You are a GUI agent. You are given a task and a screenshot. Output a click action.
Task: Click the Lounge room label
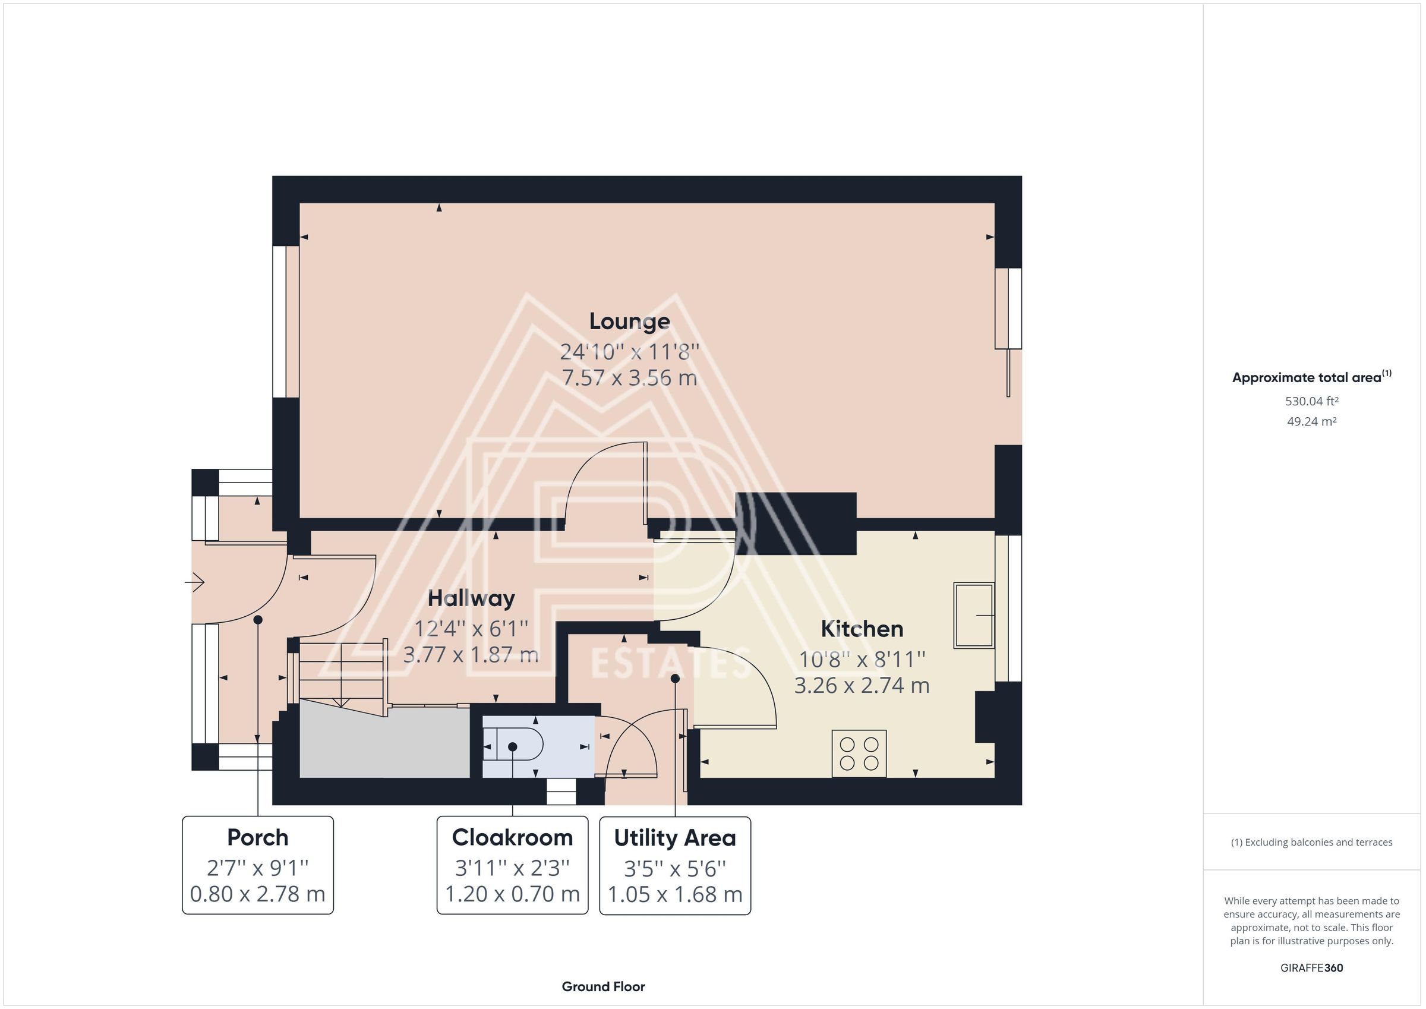[629, 322]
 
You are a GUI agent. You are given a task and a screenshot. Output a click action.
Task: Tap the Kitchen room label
[862, 629]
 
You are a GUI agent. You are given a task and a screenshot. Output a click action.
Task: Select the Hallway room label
[471, 599]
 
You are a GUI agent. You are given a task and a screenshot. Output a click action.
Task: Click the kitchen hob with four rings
[859, 753]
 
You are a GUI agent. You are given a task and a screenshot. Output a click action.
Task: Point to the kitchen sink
[973, 615]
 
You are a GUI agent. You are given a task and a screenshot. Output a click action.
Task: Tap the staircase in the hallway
[342, 674]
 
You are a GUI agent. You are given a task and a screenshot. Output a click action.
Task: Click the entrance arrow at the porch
[194, 582]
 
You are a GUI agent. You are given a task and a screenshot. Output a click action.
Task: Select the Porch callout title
[258, 837]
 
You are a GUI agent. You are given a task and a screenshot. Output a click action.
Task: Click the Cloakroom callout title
[512, 837]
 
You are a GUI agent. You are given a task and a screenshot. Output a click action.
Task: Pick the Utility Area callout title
[674, 838]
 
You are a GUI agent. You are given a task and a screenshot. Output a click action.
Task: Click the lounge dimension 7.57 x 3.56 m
[629, 378]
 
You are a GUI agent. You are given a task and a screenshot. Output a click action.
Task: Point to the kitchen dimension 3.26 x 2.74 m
[862, 685]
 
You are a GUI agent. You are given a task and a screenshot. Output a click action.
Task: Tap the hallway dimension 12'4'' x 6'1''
[471, 629]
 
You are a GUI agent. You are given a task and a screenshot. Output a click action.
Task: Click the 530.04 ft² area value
[1312, 401]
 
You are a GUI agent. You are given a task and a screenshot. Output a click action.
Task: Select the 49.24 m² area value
[1312, 421]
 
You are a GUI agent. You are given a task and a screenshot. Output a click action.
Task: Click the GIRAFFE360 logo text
[1312, 968]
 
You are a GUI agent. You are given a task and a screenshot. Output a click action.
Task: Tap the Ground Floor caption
[603, 986]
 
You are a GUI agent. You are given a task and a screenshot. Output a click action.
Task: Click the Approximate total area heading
[1311, 377]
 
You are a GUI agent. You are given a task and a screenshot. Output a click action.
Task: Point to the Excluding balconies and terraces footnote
[1312, 843]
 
